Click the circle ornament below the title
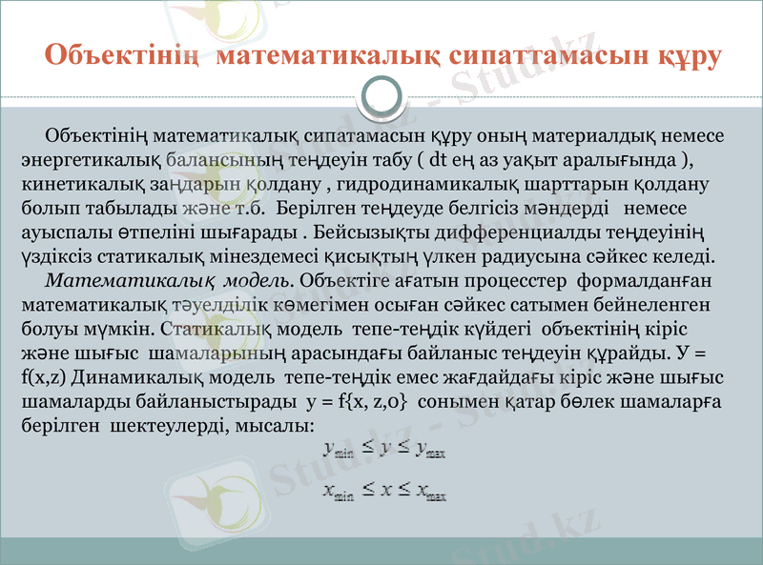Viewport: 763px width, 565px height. click(x=382, y=96)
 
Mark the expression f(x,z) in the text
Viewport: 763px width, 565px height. click(x=42, y=376)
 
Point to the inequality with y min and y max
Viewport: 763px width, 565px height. click(x=384, y=450)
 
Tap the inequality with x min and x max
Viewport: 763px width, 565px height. click(x=384, y=492)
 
